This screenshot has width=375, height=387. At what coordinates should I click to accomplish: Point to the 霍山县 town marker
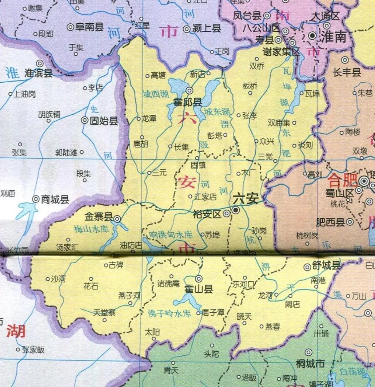point(199,279)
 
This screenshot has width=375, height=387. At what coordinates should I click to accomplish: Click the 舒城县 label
point(326,265)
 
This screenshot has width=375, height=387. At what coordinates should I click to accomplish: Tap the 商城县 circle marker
point(36,199)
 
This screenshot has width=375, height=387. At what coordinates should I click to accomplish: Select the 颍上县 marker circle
point(186,29)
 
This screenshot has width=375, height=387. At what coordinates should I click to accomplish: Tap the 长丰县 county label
point(347,72)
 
